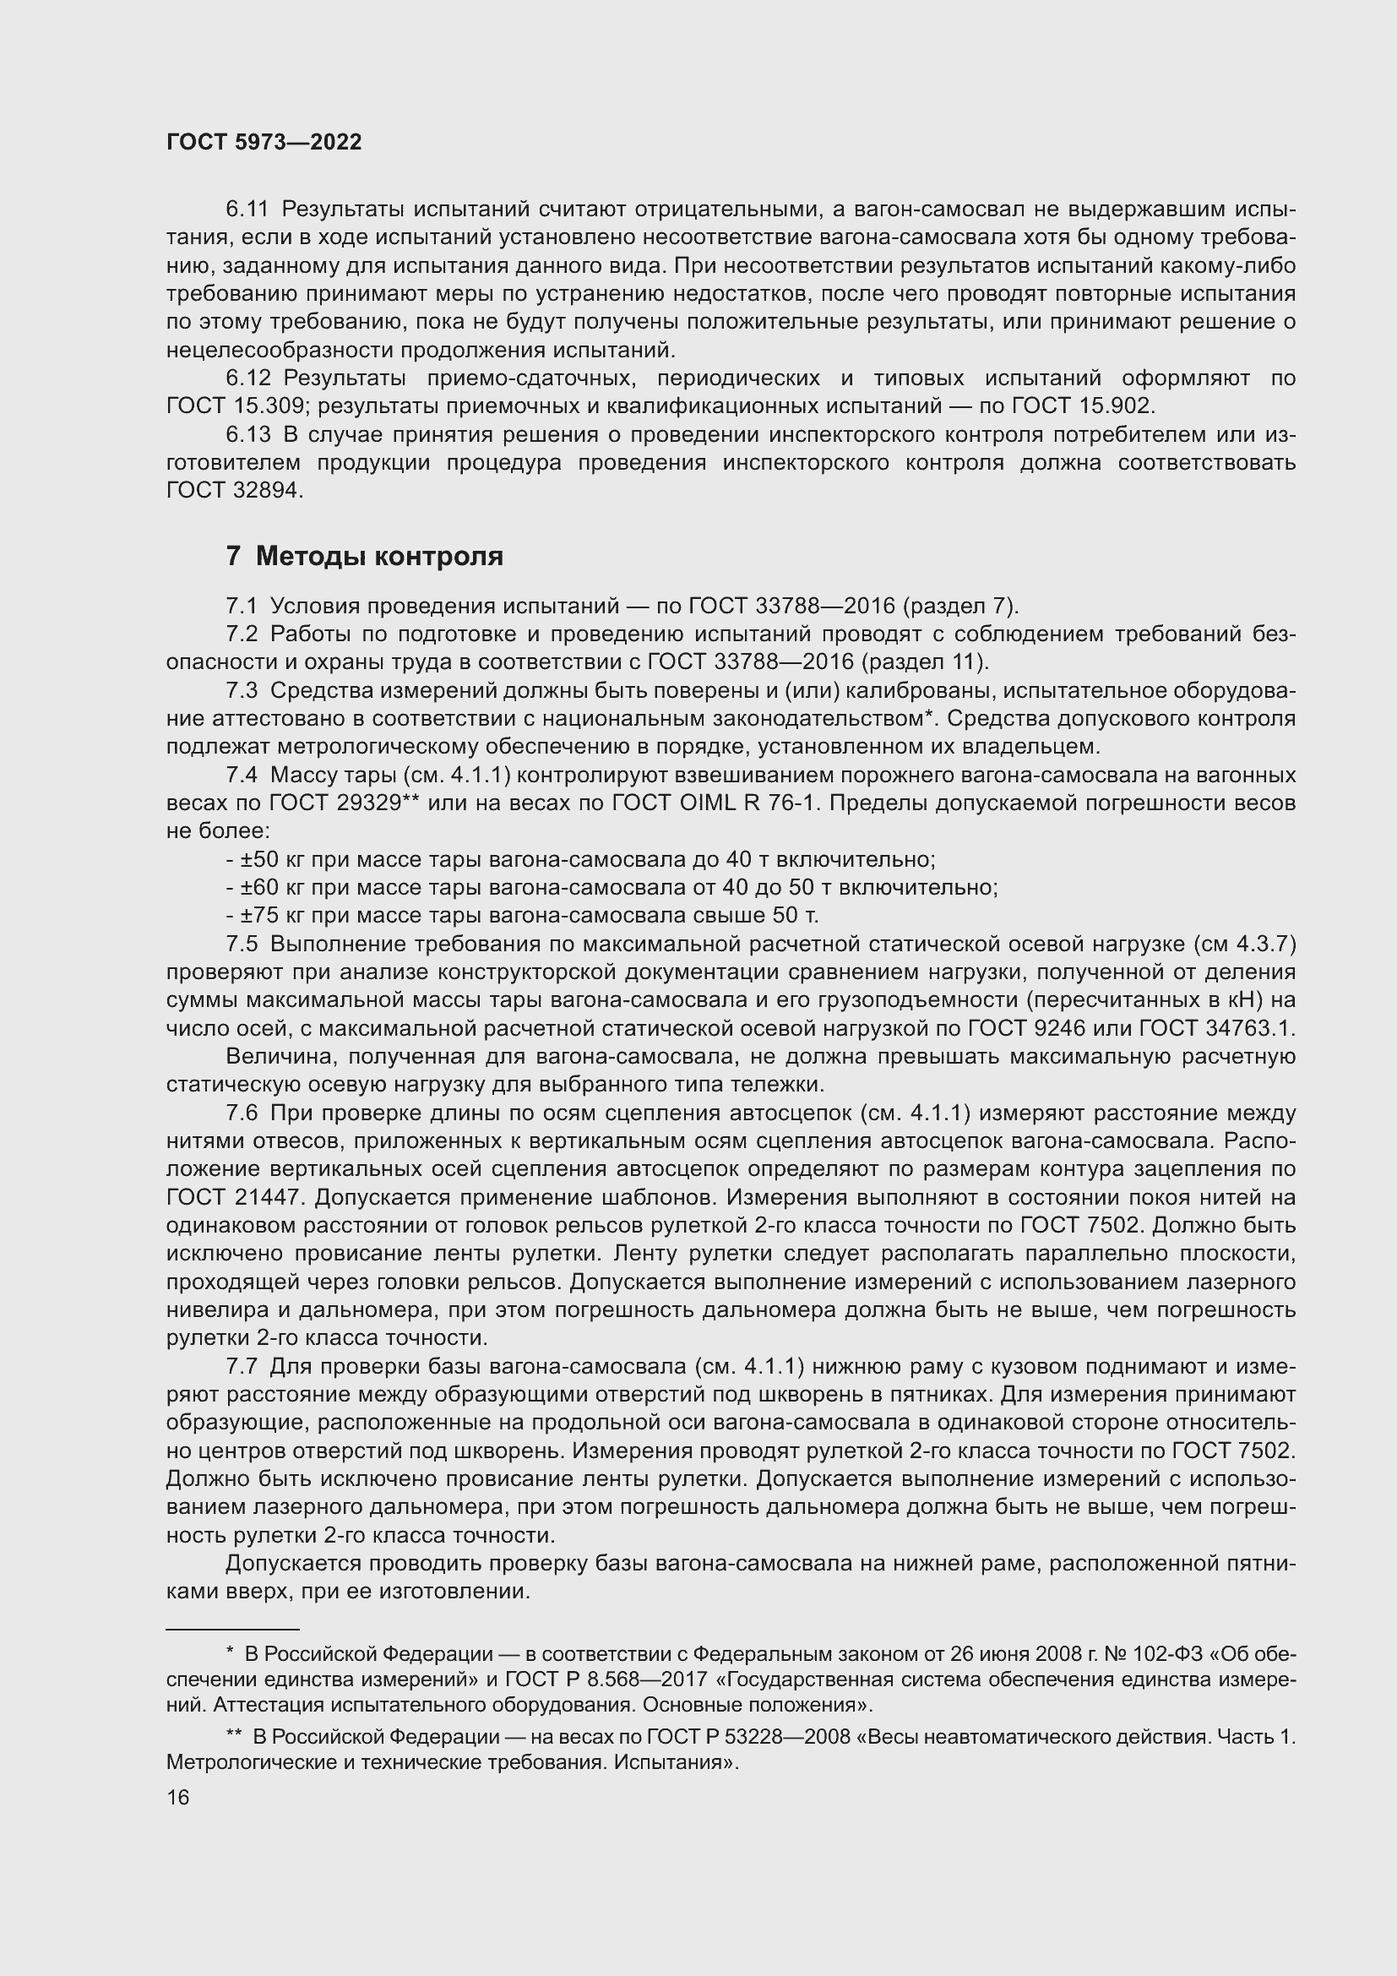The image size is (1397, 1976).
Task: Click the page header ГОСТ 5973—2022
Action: tap(264, 143)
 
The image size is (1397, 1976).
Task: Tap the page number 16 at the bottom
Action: tap(178, 1797)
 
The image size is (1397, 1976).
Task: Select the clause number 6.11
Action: tap(247, 210)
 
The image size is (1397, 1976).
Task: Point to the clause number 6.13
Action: tap(247, 434)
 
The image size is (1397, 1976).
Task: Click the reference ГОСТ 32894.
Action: tap(234, 491)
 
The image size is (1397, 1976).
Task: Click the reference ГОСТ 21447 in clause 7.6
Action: tap(233, 1198)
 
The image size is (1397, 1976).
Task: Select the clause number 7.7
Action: tap(242, 1367)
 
